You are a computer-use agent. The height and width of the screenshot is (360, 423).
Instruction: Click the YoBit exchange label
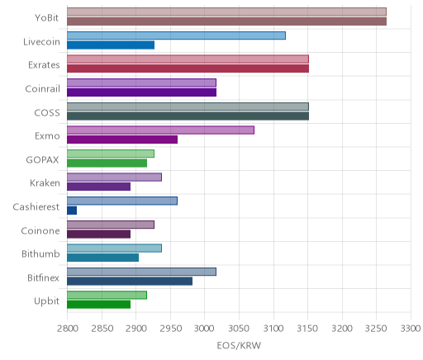pos(47,18)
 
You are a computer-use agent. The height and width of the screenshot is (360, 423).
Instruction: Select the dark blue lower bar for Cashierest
pos(72,211)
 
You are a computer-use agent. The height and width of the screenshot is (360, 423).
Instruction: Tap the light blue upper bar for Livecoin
pos(176,36)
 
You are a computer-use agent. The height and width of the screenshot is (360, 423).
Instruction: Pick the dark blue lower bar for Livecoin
pos(111,45)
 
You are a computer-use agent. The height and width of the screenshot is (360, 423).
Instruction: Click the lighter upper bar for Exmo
pos(160,130)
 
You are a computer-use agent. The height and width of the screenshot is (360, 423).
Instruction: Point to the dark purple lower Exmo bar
pos(122,140)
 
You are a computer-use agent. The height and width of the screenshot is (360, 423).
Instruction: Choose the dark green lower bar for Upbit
pos(98,305)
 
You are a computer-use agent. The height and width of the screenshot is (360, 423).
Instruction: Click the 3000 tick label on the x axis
pos(205,329)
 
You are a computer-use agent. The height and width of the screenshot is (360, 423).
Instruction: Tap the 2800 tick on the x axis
pos(68,329)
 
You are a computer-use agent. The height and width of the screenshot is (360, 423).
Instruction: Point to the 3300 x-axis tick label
pos(411,329)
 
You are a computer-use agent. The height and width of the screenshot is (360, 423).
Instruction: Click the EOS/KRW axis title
pos(239,345)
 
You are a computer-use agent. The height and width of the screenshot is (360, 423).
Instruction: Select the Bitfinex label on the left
pos(43,277)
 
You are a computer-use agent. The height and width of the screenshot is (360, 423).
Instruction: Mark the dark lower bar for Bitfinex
pos(130,281)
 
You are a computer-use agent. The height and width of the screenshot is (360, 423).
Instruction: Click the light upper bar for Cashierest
pos(122,201)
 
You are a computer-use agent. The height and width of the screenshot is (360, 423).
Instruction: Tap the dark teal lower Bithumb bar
pos(102,258)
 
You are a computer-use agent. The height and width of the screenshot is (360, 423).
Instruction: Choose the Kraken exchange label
pos(45,183)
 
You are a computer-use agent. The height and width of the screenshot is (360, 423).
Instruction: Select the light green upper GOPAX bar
pos(111,154)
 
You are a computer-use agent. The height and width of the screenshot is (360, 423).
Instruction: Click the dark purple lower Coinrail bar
pos(141,92)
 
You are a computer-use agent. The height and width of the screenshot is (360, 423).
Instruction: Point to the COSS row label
pos(47,113)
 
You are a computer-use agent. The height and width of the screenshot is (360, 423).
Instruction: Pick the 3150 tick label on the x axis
pos(307,329)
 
